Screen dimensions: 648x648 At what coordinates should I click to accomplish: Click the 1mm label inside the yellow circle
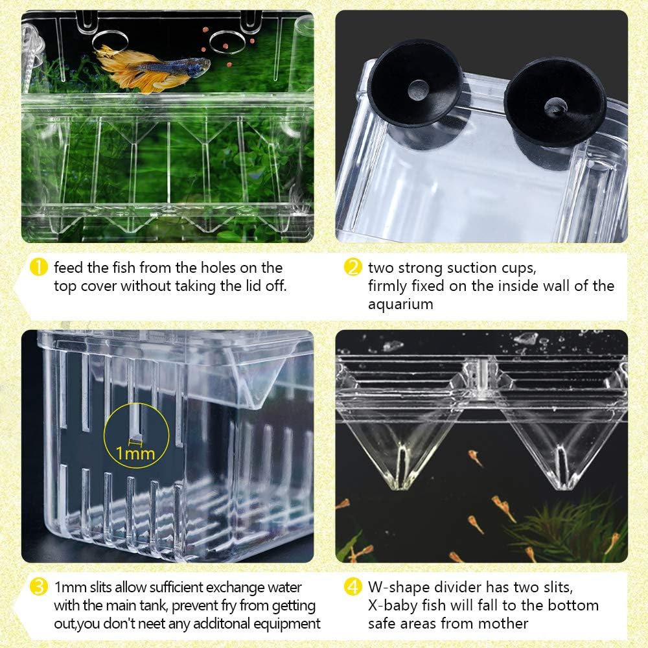tap(135, 453)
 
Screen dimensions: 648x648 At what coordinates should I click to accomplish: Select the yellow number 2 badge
tap(353, 268)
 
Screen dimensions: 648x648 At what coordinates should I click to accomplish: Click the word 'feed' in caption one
tap(69, 268)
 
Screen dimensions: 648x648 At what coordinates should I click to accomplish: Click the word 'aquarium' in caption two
tap(400, 304)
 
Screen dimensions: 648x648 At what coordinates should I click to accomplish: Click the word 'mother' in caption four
tap(507, 624)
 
